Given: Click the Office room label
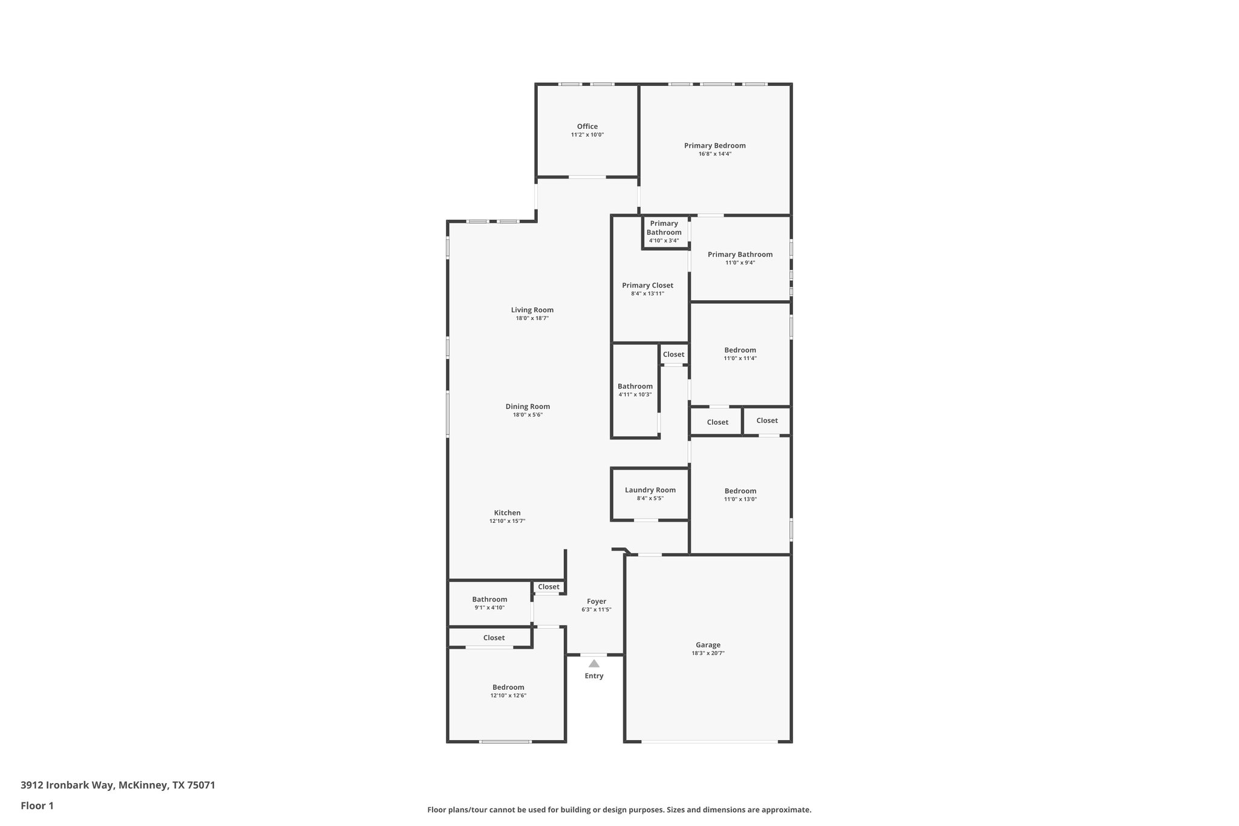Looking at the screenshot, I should pos(587,126).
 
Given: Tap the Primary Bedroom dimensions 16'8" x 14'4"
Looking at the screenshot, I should pos(714,154).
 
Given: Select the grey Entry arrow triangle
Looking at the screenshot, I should pos(593,664).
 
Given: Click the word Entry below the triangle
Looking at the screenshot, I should pos(593,676).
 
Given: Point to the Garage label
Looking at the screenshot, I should pos(708,645).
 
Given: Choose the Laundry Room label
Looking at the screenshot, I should pos(650,490).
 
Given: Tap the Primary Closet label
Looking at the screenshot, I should pos(647,286).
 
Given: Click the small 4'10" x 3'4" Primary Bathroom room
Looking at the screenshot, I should pos(664,232).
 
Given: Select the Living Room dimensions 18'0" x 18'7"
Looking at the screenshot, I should pos(532,318).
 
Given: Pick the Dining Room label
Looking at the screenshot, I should pos(528,407).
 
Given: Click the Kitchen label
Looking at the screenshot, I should pos(507,513).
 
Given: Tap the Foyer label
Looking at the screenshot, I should pos(596,601).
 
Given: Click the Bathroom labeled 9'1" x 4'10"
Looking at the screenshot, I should pos(489,603).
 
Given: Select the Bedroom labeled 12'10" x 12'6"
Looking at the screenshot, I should pos(508,690).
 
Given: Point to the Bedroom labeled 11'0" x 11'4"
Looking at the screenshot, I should pos(740,353).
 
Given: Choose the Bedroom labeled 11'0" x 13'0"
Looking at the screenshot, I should pos(740,494).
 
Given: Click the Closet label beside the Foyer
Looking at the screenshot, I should pos(549,587).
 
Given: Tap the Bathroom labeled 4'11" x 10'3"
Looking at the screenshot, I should pos(635,390).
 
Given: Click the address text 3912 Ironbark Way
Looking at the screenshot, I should pos(67,785).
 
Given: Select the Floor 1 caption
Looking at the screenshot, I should pos(37,806).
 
